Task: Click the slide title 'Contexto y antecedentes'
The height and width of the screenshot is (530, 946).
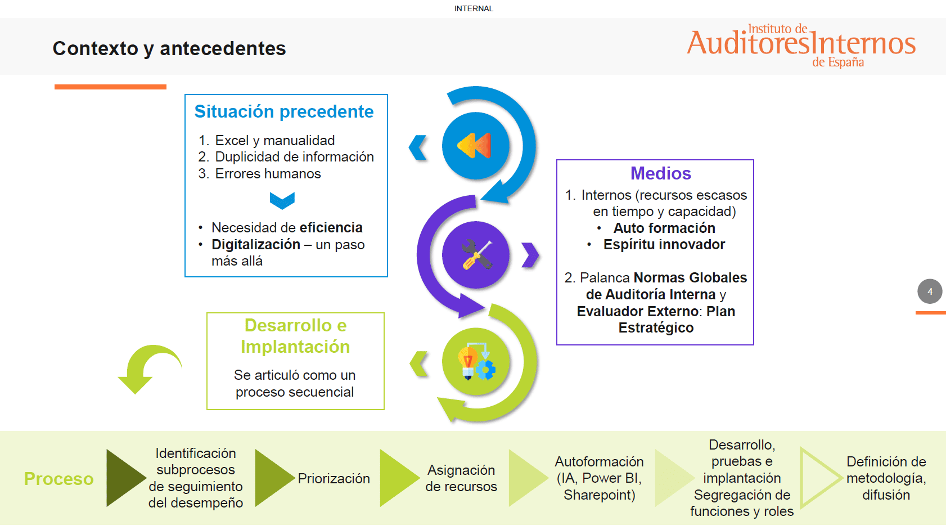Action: pos(169,48)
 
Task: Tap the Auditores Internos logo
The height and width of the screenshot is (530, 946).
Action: pos(801,45)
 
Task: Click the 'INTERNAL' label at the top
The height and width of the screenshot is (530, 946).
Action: pos(474,8)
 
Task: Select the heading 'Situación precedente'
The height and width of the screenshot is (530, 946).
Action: pos(284,111)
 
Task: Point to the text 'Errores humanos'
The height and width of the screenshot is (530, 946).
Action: pos(268,174)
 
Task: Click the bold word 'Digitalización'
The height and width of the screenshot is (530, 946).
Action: pos(256,245)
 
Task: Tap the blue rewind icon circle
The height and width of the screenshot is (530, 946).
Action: pos(475,146)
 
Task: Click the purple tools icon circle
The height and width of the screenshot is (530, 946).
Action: pos(476,255)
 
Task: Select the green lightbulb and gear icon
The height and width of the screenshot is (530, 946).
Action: pos(476,362)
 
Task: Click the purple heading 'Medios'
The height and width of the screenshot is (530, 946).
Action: pos(660,173)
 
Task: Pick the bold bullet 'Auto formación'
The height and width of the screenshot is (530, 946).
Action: pos(664,228)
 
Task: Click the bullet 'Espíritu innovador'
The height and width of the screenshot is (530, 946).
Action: pos(664,245)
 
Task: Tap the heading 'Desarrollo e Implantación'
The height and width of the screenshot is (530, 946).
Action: pos(295,336)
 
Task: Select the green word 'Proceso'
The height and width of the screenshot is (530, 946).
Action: pos(59,479)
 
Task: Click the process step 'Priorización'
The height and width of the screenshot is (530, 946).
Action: pos(334,479)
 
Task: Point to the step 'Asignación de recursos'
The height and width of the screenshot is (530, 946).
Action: pos(461,478)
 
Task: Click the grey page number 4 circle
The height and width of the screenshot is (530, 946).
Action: pos(930,291)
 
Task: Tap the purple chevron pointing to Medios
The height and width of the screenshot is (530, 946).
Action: pos(530,255)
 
